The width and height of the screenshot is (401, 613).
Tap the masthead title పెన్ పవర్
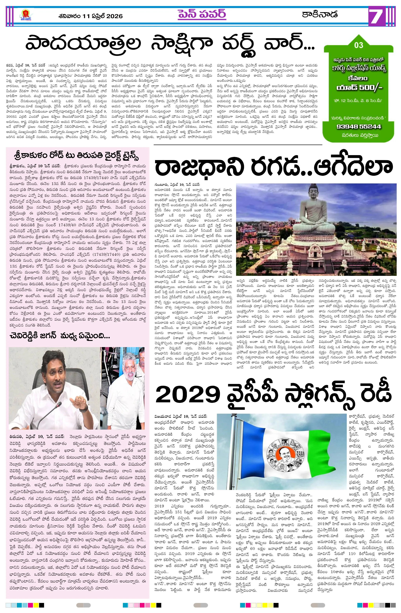pyautogui.click(x=202, y=14)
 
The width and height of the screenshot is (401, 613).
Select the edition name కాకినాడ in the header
pyautogui.click(x=320, y=14)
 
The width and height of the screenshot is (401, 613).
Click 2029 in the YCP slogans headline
pyautogui.click(x=188, y=395)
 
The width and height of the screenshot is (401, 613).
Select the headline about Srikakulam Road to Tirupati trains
pyautogui.click(x=76, y=156)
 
